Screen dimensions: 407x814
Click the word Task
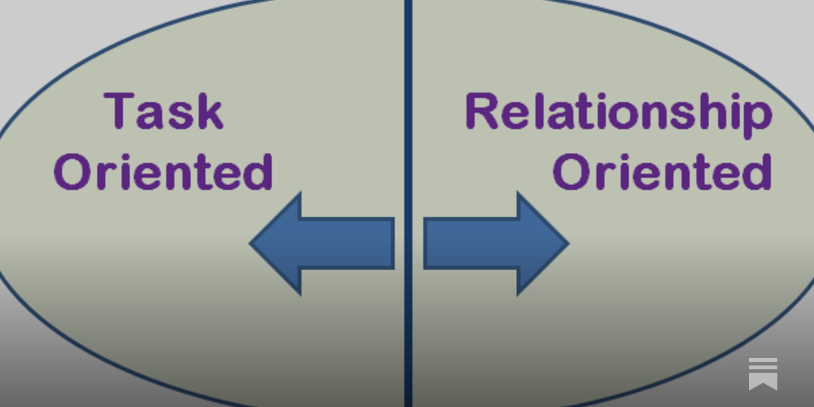(164, 111)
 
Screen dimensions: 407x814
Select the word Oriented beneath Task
(163, 172)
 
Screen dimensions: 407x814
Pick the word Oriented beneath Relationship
(662, 172)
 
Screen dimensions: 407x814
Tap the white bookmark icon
(763, 373)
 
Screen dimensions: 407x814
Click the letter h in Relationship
(722, 111)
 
